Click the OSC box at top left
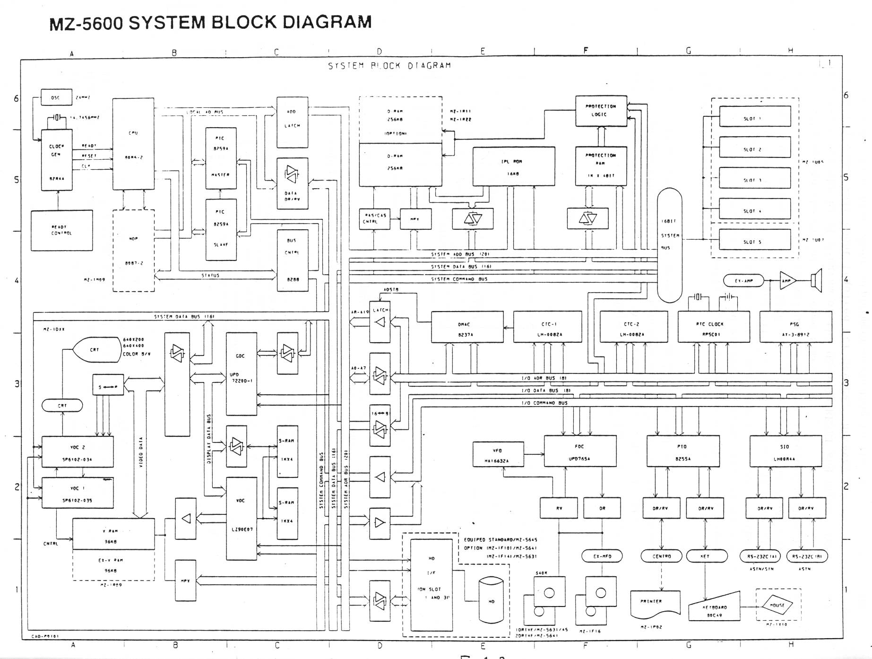tap(56, 97)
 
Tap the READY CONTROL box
tap(61, 230)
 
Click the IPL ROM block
tap(514, 166)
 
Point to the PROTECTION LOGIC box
tap(601, 111)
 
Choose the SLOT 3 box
tap(755, 180)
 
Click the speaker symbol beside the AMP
tap(816, 281)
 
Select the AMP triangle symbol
tap(787, 281)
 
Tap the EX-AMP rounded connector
tap(743, 281)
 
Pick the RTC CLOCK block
tap(713, 327)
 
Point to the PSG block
tap(795, 327)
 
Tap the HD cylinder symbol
tap(491, 600)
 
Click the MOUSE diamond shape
tap(777, 605)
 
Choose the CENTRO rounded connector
tap(661, 556)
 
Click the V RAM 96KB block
tap(113, 534)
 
